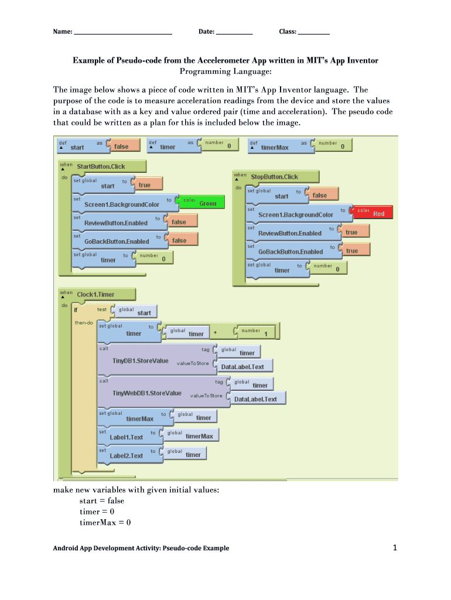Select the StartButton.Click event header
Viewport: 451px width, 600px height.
click(x=101, y=166)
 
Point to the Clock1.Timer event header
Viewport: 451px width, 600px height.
click(x=97, y=294)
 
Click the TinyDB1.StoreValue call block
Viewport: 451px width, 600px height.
click(x=140, y=360)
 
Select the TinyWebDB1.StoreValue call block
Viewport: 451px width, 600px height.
click(x=146, y=393)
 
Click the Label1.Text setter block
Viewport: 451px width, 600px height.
click(x=126, y=437)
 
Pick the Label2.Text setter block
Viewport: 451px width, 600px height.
click(x=126, y=455)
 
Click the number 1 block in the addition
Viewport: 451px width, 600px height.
click(x=258, y=333)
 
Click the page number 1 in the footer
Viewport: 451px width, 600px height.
click(x=395, y=548)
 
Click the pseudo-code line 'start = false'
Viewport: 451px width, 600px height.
click(x=101, y=501)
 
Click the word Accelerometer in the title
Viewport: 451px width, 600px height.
click(x=222, y=60)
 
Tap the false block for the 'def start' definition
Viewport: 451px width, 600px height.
click(x=122, y=146)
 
